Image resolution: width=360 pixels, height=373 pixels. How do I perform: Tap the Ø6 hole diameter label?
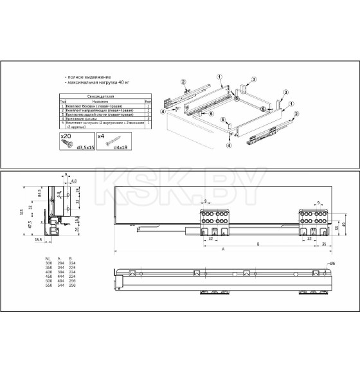click(x=332, y=264)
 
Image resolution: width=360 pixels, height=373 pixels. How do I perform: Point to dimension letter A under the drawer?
click(x=222, y=249)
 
